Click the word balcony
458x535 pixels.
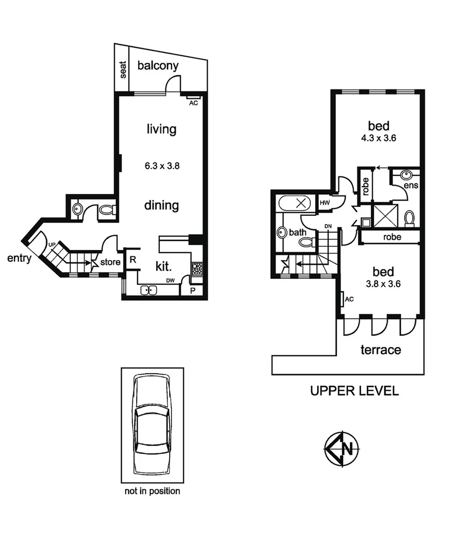pyautogui.click(x=158, y=66)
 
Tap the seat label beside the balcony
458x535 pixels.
pyautogui.click(x=123, y=70)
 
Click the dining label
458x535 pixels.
pyautogui.click(x=161, y=205)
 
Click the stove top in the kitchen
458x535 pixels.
pyautogui.click(x=197, y=269)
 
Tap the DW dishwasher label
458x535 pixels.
pyautogui.click(x=171, y=281)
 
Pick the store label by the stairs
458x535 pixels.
pyautogui.click(x=110, y=262)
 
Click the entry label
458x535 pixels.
pyautogui.click(x=20, y=258)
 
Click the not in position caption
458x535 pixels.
pyautogui.click(x=152, y=491)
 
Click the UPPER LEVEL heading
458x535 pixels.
pyautogui.click(x=354, y=391)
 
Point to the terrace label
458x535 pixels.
pyautogui.click(x=381, y=349)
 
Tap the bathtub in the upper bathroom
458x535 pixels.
pyautogui.click(x=294, y=203)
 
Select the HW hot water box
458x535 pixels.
pyautogui.click(x=325, y=203)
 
